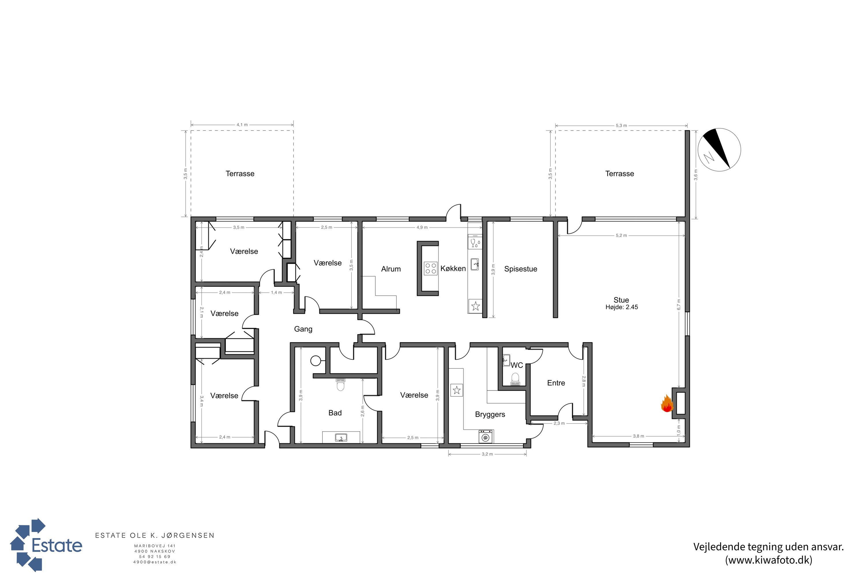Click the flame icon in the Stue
tap(667, 404)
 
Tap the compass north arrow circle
tap(719, 150)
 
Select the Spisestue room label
tap(520, 269)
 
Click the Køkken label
tap(453, 269)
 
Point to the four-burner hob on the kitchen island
tap(430, 268)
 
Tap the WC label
tap(517, 365)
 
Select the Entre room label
tap(556, 383)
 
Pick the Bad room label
tap(335, 413)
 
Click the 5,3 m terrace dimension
tap(621, 125)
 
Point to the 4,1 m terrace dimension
tap(242, 125)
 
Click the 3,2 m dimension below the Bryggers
tap(487, 454)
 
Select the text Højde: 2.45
tap(622, 307)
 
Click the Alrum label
tap(391, 269)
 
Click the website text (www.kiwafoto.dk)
tap(769, 560)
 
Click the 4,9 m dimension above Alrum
tap(422, 227)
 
